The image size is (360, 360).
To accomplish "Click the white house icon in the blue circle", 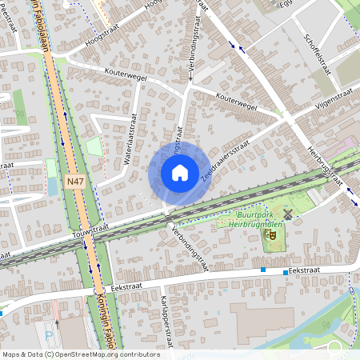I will [180, 172].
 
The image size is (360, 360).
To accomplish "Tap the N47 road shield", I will [75, 182].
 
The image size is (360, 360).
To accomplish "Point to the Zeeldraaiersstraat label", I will [226, 157].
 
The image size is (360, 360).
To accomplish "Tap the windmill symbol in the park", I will [288, 214].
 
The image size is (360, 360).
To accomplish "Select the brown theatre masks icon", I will [272, 236].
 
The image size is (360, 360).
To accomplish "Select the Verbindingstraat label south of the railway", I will [189, 248].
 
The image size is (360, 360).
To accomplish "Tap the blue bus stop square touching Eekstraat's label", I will [286, 272].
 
